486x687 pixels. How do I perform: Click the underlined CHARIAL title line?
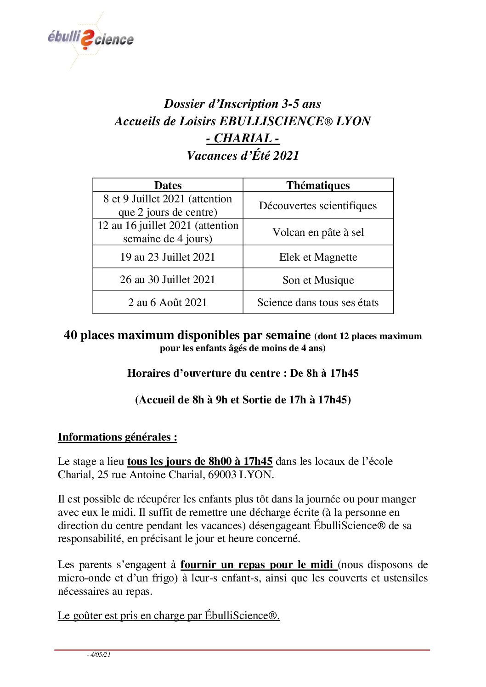click(243, 138)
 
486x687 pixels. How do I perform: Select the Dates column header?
click(168, 185)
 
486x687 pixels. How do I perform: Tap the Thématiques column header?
click(318, 185)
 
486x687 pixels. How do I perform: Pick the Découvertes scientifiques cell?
click(318, 205)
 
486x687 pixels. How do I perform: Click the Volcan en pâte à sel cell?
click(318, 232)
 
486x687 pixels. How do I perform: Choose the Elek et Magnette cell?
click(318, 257)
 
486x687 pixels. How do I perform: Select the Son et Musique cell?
click(318, 279)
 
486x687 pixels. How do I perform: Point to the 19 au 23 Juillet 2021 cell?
click(168, 257)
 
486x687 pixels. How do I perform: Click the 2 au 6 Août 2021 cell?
click(168, 302)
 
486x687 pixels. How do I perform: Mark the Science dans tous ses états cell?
click(318, 302)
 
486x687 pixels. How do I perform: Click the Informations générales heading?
click(117, 436)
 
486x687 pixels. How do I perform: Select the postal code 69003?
click(222, 474)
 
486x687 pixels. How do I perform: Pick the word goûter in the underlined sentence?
click(88, 615)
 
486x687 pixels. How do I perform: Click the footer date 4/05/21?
click(100, 654)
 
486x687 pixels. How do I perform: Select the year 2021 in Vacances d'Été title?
click(286, 156)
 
